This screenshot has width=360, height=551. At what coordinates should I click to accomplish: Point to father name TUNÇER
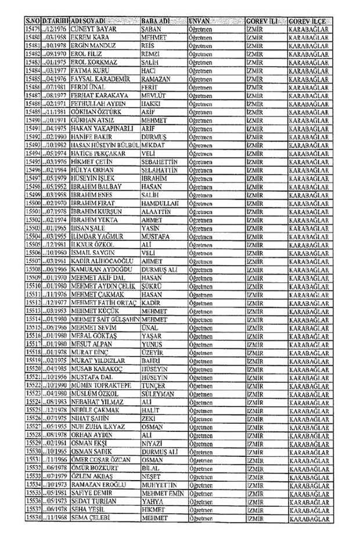point(153,386)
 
